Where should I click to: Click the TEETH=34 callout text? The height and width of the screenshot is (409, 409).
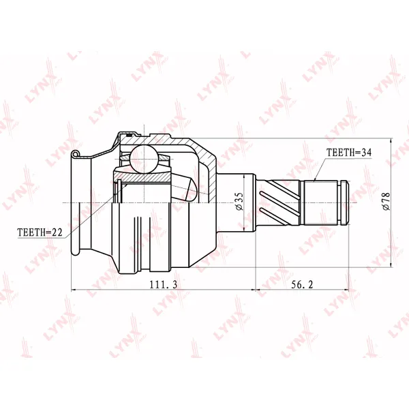[x=349, y=152]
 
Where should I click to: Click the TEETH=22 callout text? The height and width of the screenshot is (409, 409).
[x=40, y=232]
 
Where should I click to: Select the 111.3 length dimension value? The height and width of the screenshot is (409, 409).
[x=164, y=284]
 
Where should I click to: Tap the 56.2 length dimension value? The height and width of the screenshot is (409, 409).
[x=302, y=284]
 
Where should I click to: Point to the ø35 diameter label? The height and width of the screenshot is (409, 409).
[x=239, y=201]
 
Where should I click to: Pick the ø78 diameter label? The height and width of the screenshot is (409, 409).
[x=386, y=201]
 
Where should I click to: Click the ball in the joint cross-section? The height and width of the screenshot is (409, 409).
[x=143, y=159]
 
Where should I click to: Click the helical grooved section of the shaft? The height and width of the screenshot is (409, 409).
[x=278, y=202]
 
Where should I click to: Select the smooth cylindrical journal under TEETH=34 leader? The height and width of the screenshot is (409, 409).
[x=320, y=202]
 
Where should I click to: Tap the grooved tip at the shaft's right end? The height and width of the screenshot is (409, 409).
[x=344, y=202]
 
